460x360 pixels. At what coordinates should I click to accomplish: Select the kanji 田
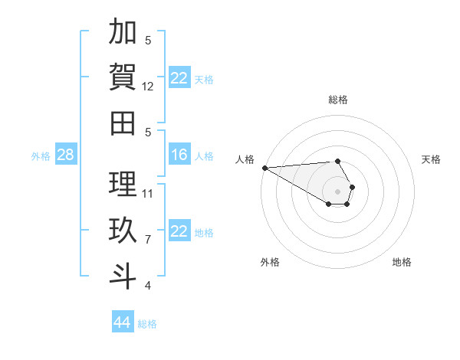(x=123, y=122)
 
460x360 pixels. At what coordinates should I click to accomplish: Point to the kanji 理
(x=123, y=184)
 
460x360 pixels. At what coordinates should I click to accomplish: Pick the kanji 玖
(x=123, y=230)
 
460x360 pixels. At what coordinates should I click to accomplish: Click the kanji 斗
(x=123, y=275)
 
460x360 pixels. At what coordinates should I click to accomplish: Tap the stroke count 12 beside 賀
(x=149, y=87)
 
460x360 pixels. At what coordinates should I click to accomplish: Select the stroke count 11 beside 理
(x=149, y=193)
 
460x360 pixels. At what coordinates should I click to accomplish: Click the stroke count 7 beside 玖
(x=148, y=240)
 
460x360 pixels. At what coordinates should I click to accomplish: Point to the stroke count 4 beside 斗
(x=148, y=286)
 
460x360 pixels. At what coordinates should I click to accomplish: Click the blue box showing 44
(x=123, y=322)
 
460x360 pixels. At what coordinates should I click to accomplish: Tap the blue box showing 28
(x=65, y=155)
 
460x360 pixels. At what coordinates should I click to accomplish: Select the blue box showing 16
(x=179, y=155)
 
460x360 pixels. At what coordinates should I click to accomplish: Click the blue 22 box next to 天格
(x=179, y=78)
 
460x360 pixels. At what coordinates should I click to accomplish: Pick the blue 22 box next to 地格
(x=179, y=231)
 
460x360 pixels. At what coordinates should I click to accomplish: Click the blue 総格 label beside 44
(x=147, y=324)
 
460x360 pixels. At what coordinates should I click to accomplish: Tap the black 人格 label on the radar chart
(x=245, y=159)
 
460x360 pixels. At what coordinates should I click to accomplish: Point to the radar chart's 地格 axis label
(x=402, y=262)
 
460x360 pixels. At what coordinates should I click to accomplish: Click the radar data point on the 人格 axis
(x=264, y=168)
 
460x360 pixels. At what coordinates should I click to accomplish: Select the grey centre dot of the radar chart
(x=337, y=191)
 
